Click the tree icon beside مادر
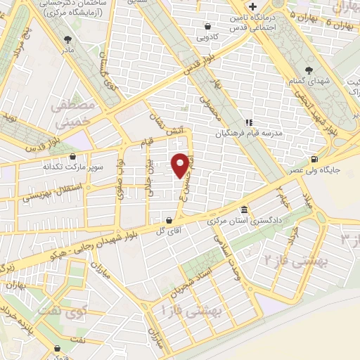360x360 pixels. click(67, 40)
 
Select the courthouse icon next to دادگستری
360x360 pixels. click(243, 210)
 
